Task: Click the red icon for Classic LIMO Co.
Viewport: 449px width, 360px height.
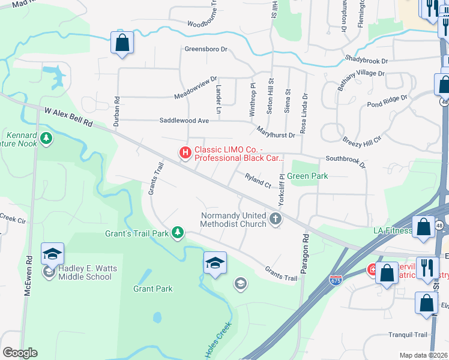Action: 185,154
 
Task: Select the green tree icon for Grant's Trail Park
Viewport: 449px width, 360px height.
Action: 177,232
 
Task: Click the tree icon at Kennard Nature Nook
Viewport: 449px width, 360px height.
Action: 46,140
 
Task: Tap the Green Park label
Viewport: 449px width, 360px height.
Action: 307,176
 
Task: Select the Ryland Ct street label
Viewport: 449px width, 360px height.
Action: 259,180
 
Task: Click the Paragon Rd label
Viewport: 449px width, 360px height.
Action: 306,246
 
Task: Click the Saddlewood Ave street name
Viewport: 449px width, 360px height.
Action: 184,121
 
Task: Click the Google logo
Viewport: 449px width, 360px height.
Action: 20,353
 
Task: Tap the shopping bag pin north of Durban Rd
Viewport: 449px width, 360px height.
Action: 122,43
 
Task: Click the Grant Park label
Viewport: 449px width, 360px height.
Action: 152,289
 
